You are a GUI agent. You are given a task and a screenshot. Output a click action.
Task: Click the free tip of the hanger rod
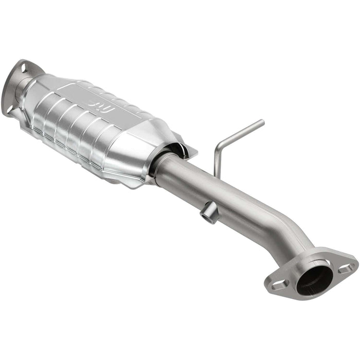pyautogui.click(x=262, y=122)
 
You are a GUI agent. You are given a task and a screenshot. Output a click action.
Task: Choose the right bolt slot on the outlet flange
pyautogui.click(x=346, y=268)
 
